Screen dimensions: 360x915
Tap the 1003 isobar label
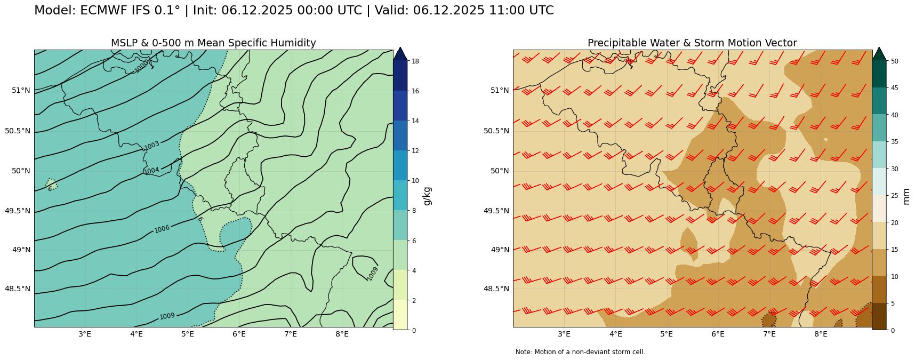click(152, 146)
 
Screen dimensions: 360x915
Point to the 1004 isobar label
click(151, 171)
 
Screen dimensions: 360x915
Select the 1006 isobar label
click(162, 229)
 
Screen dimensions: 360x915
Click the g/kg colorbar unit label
click(427, 196)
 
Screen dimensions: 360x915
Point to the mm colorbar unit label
click(906, 196)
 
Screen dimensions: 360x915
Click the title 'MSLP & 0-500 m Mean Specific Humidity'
click(213, 43)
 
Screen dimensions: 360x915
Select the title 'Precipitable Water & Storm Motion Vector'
click(692, 43)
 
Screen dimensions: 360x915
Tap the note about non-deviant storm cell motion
click(580, 352)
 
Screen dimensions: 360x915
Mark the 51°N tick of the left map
click(21, 90)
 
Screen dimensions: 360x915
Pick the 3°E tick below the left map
click(85, 334)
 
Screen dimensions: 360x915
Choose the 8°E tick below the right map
click(821, 334)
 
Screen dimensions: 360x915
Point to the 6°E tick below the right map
click(718, 334)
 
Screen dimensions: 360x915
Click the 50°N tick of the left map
click(21, 171)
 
